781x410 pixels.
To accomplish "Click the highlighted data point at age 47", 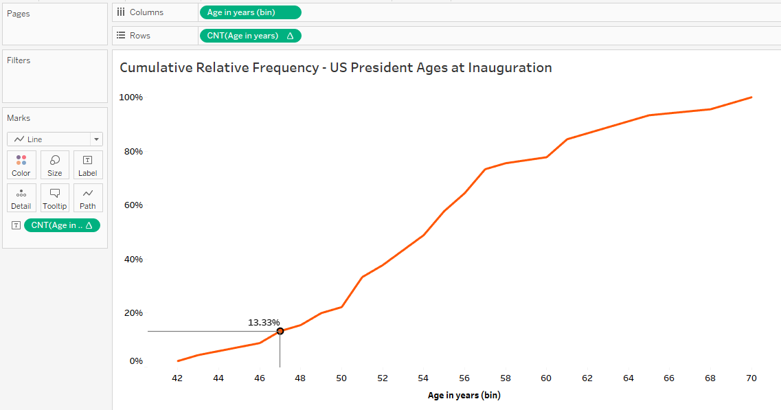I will pos(280,331).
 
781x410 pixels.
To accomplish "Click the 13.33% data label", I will pos(264,322).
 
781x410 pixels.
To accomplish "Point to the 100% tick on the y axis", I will pos(131,98).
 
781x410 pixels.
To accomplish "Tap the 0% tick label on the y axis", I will pos(136,361).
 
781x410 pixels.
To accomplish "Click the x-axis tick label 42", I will pos(177,378).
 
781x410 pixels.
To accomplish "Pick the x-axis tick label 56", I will pos(464,378).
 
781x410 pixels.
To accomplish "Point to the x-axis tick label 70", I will pos(751,378).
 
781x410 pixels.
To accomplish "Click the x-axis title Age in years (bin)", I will pos(464,396).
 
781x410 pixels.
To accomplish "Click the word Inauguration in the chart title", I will pos(509,68).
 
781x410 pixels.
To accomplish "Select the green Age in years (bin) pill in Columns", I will pos(250,12).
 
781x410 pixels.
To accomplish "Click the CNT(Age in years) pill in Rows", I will pos(250,36).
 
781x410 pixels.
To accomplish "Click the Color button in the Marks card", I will pos(21,166).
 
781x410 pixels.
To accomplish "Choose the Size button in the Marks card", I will pos(55,166).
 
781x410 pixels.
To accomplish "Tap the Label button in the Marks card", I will pos(88,166).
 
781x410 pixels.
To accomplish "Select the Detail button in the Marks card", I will pos(21,198).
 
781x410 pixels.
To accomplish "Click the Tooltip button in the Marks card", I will pos(55,198).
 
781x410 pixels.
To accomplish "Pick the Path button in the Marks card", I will pos(88,198).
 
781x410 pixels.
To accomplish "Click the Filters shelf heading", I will pos(19,60).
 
